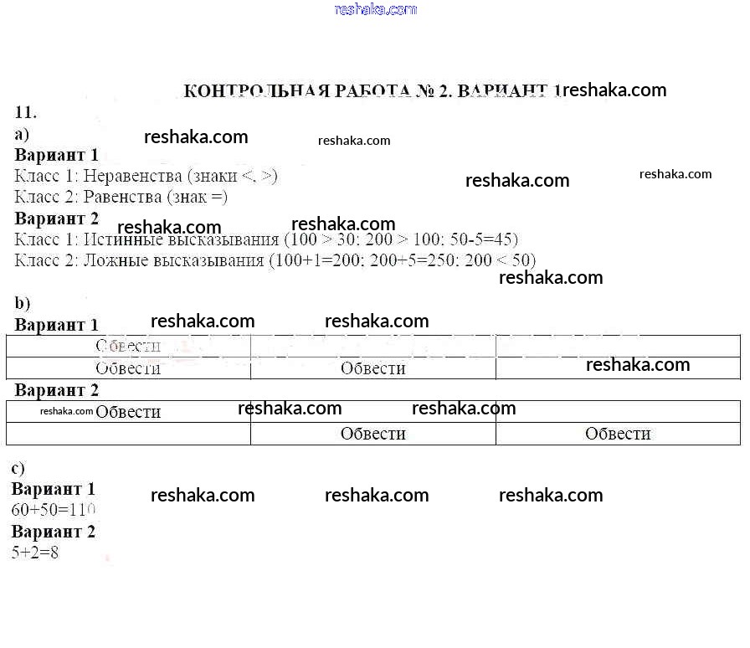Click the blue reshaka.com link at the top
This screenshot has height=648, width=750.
tap(375, 10)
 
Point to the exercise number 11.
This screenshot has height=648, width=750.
tap(26, 112)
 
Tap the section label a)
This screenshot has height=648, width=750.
tap(23, 134)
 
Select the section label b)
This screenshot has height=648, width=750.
tap(23, 303)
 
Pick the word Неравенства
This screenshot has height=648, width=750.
tap(133, 176)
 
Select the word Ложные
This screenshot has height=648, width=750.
tap(113, 260)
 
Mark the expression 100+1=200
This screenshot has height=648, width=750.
tap(315, 260)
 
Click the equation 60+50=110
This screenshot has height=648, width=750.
tap(54, 509)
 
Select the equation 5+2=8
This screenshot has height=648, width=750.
tap(35, 553)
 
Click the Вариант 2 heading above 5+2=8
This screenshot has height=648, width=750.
tap(54, 532)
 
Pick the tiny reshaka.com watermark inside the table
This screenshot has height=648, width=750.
tap(66, 411)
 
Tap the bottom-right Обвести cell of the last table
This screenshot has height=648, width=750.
tap(618, 434)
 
